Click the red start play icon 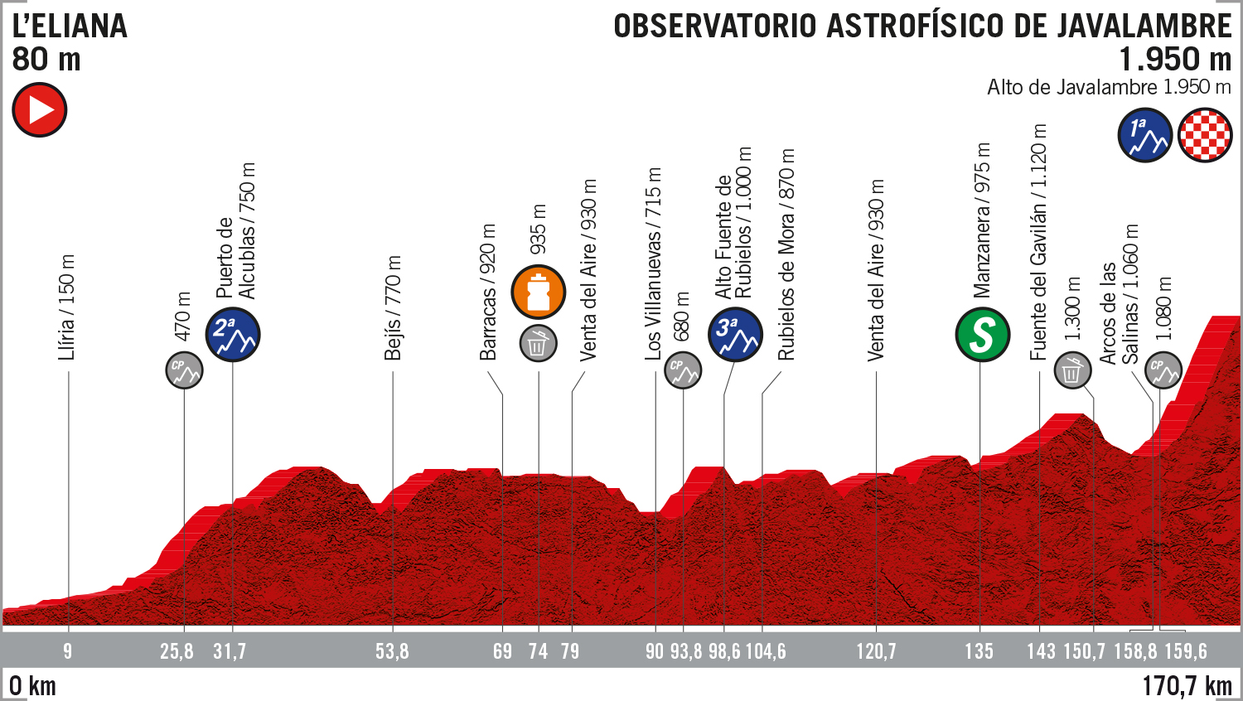point(39,110)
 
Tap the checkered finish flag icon point(1205,134)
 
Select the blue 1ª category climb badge point(1144,134)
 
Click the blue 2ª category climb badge point(233,334)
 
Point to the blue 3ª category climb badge point(735,334)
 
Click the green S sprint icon point(982,335)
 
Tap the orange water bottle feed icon point(539,292)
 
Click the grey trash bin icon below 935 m point(538,343)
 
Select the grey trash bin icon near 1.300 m point(1072,370)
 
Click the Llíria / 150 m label point(67,307)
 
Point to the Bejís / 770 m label point(393,308)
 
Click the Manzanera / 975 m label point(982,220)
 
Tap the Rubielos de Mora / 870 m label point(786,254)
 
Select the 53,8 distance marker point(392,651)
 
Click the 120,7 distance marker point(876,651)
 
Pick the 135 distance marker point(979,651)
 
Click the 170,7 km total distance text point(1187,686)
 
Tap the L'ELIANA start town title point(70,27)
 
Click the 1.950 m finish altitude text point(1175,60)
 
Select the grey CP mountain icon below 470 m point(184,370)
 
